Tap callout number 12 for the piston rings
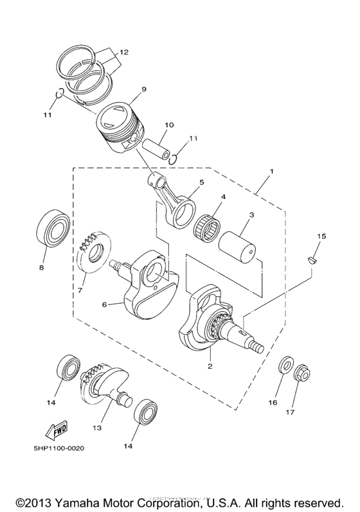coord(123,52)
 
